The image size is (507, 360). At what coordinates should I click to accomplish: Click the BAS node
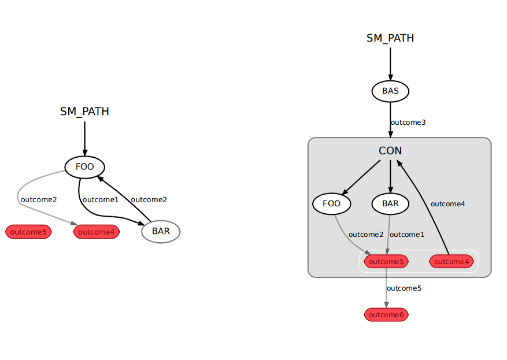coord(390,91)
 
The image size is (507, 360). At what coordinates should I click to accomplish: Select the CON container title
coord(390,151)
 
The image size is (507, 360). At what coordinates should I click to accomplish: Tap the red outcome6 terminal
coord(386,314)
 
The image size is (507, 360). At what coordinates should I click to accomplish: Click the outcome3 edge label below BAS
coord(408,123)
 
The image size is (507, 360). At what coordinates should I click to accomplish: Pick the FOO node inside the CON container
coord(332,203)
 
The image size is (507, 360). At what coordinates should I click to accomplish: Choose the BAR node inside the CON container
coord(390,203)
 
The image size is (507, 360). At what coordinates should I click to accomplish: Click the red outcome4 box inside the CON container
coord(452,261)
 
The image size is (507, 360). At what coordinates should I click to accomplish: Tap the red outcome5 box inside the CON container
coord(386,261)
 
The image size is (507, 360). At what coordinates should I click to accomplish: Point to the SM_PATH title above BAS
coord(390,38)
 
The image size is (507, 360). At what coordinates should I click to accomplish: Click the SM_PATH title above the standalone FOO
coord(84,112)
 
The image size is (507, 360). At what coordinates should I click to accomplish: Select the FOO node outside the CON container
coord(84,168)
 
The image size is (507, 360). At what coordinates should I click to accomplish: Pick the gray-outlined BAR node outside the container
coord(161,232)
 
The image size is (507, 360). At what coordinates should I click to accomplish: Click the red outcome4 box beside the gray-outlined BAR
coord(96,232)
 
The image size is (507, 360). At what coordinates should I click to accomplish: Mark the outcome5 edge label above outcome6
coord(404,288)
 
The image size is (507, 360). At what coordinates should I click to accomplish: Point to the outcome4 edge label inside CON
coord(448,203)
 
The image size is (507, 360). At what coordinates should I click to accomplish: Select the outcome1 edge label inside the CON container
coord(407,234)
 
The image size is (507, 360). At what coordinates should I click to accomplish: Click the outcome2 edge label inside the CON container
coord(366,234)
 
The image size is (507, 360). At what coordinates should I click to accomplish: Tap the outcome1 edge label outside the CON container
coord(101,199)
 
